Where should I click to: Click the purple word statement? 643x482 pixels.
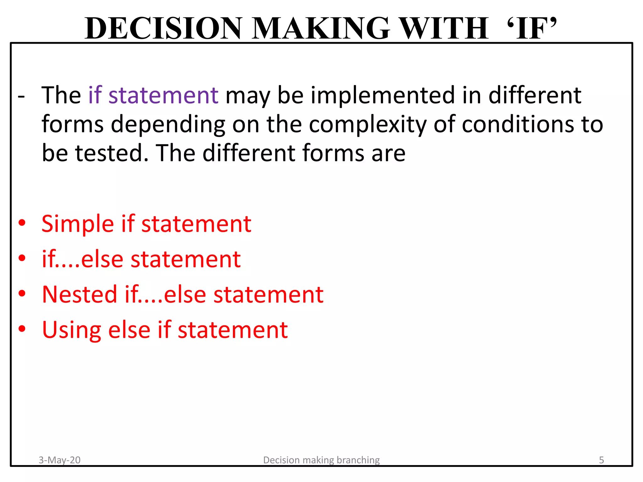pyautogui.click(x=163, y=95)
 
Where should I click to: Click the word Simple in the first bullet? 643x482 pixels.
pyautogui.click(x=78, y=224)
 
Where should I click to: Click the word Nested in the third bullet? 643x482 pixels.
pyautogui.click(x=79, y=295)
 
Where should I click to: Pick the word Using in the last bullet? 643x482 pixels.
pyautogui.click(x=71, y=330)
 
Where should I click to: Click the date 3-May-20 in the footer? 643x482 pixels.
pyautogui.click(x=59, y=460)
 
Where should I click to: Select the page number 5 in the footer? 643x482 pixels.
pyautogui.click(x=601, y=460)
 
